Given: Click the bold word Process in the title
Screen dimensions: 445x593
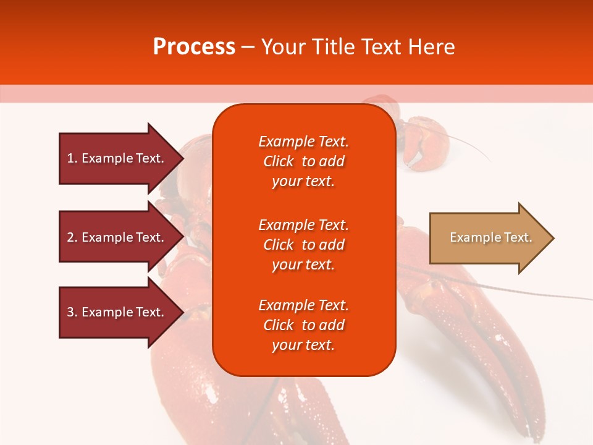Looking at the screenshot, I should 194,47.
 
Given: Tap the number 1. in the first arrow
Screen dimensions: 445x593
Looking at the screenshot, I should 72,158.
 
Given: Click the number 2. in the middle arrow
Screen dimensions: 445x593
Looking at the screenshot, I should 72,237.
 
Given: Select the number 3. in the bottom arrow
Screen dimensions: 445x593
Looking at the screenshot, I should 72,312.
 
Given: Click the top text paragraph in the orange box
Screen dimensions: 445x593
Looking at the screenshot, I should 303,161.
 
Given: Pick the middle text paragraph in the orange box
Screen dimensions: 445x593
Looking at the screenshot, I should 303,245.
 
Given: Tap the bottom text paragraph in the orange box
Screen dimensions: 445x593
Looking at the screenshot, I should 303,325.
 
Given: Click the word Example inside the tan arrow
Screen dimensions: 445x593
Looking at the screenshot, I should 471,237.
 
